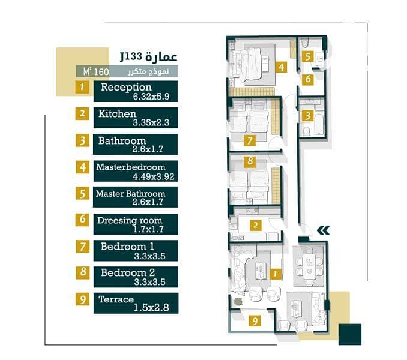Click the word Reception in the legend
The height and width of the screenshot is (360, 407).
126,87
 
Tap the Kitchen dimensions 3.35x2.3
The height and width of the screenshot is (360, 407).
151,122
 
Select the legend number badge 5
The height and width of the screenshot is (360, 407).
82,193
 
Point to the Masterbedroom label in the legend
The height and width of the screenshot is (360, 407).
130,167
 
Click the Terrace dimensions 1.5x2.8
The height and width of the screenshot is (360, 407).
151,308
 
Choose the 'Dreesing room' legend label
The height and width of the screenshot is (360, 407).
130,220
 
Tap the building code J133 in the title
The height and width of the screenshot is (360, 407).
131,56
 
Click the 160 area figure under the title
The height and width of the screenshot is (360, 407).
101,71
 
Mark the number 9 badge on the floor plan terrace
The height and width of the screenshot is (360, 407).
255,321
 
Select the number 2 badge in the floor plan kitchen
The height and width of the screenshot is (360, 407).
256,225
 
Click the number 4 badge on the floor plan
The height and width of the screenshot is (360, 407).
282,67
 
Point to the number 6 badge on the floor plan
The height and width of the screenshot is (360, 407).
308,79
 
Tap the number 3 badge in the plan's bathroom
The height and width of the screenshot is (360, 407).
307,116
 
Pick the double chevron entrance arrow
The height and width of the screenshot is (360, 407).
324,230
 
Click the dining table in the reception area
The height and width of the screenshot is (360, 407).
309,267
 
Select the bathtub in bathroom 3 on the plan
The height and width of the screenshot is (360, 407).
319,122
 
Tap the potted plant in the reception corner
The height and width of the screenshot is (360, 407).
238,302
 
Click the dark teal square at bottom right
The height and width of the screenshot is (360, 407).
350,334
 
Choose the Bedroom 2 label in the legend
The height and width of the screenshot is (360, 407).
128,272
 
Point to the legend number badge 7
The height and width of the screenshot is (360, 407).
83,247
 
